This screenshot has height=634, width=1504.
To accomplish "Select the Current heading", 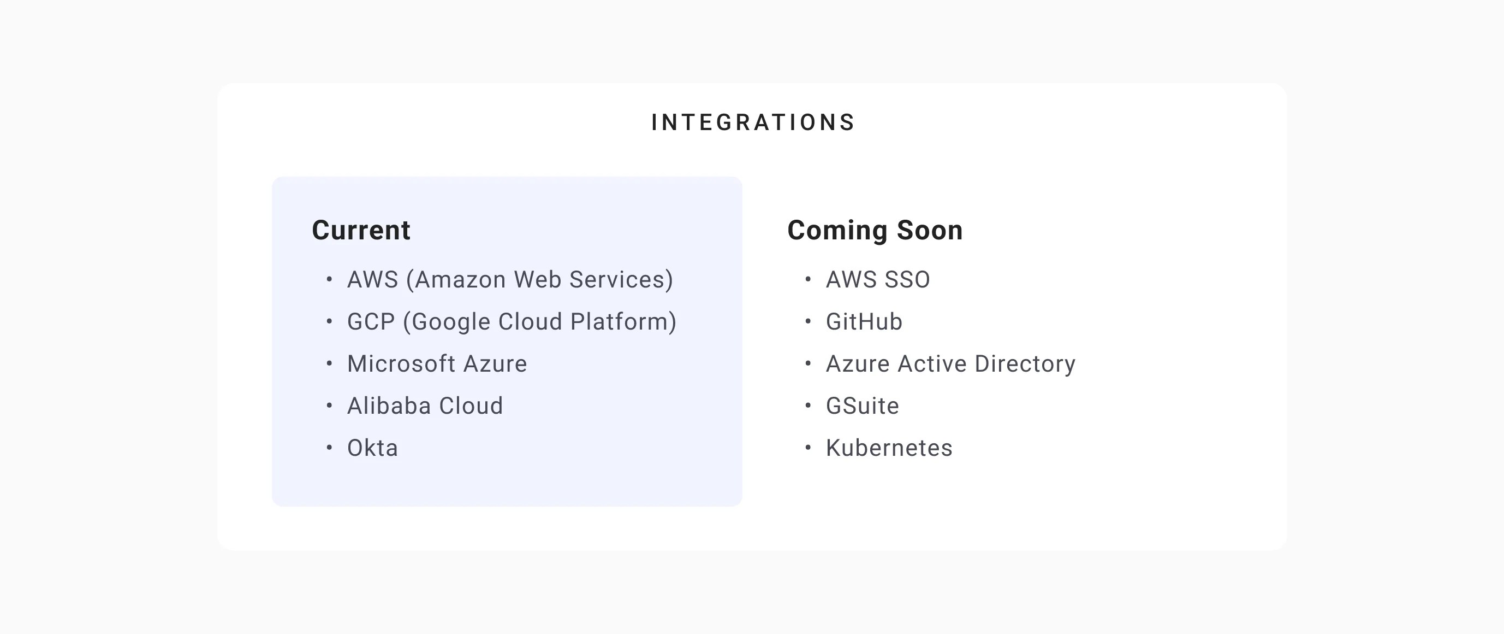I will click(x=361, y=230).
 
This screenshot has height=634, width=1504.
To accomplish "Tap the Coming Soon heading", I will click(x=875, y=230).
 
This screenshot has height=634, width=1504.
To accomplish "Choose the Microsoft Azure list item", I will click(x=437, y=364).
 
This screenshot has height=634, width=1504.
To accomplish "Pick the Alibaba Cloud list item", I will click(x=425, y=406).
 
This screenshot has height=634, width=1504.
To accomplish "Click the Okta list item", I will click(x=372, y=448).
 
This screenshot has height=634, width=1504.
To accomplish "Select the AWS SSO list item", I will click(x=877, y=280).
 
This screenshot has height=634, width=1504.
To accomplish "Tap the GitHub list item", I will click(x=864, y=322).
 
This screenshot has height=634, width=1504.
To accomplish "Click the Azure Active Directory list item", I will click(x=950, y=364).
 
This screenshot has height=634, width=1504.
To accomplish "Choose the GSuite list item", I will click(x=862, y=406).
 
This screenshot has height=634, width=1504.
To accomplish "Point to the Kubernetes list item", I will click(x=889, y=448).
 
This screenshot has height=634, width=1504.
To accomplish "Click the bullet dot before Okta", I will click(x=329, y=448).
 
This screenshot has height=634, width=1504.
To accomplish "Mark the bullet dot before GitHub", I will click(x=808, y=321).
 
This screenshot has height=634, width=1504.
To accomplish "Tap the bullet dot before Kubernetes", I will click(x=808, y=448).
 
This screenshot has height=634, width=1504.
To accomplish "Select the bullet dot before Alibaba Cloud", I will click(x=329, y=406).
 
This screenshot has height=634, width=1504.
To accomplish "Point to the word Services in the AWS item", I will click(x=621, y=280).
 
